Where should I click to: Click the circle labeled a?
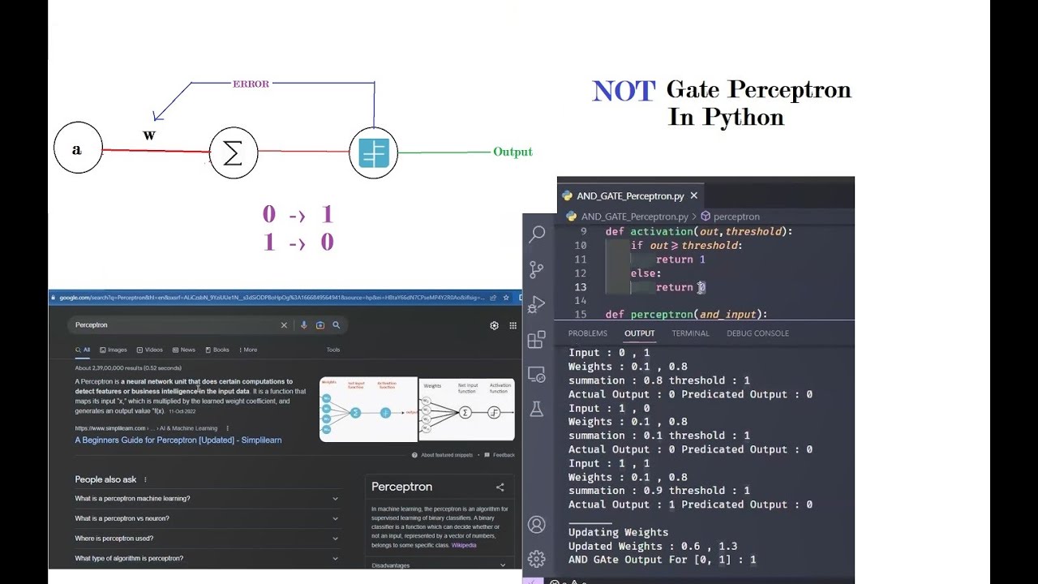tap(78, 148)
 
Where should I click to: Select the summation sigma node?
tap(233, 152)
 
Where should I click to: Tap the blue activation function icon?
tap(374, 152)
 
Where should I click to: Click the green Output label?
tap(513, 152)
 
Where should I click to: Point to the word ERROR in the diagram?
tap(251, 84)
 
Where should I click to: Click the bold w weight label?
tap(149, 135)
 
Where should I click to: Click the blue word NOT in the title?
tap(623, 91)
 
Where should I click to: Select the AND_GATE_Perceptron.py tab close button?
tap(693, 195)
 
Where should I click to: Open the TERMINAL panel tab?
tap(690, 333)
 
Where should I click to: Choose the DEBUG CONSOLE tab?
tap(757, 333)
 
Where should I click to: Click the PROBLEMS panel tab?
tap(587, 333)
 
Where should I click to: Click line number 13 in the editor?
tap(580, 287)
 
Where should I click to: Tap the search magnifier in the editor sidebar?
tap(537, 234)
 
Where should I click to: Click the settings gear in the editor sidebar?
tap(536, 559)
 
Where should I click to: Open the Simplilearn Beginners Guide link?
tap(178, 440)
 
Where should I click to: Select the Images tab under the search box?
tap(114, 350)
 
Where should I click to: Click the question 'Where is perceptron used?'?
tap(114, 539)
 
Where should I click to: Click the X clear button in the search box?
tap(284, 325)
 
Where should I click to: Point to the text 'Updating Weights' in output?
tap(618, 533)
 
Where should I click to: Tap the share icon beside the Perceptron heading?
tap(500, 487)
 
